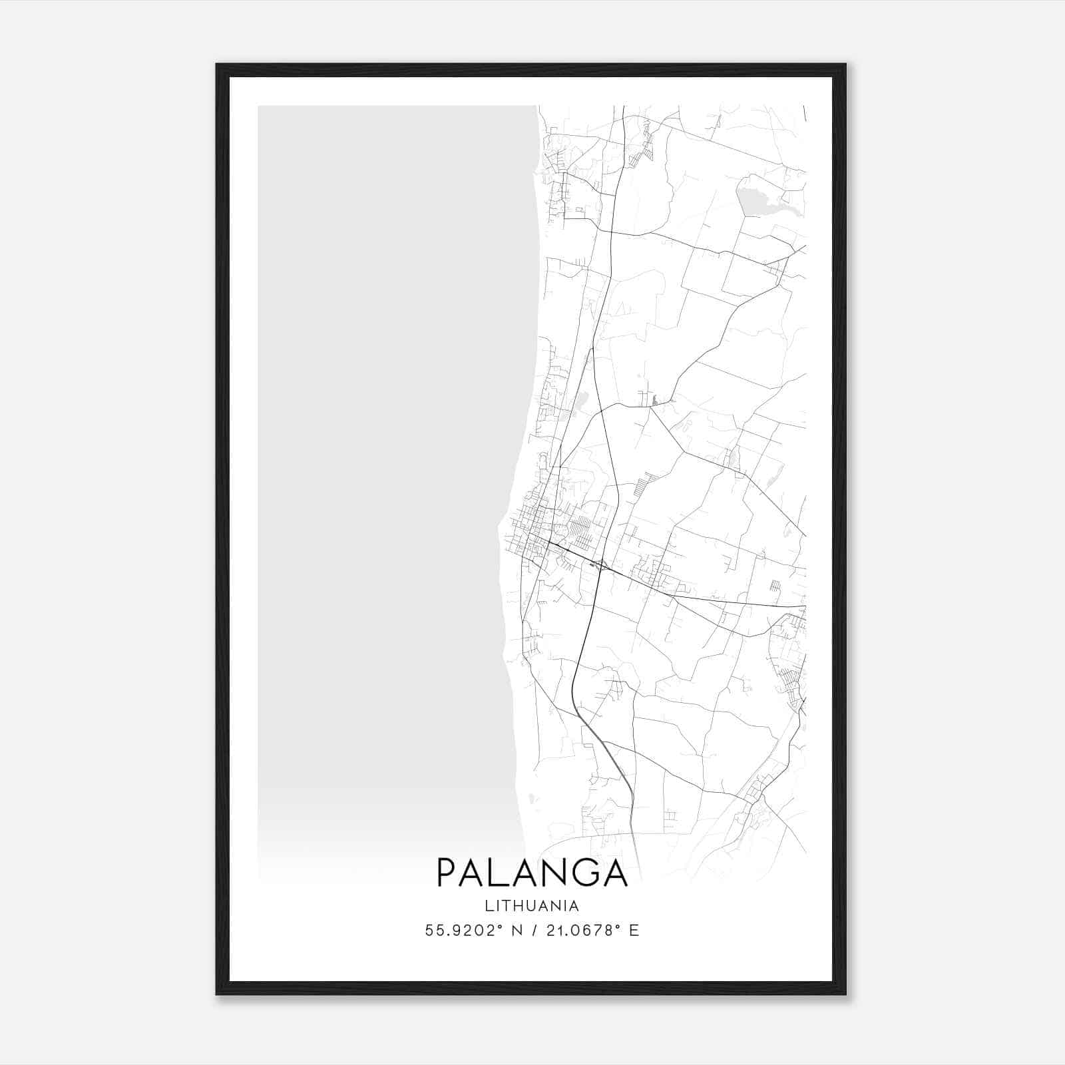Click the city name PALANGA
[x=532, y=872]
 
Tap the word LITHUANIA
[x=532, y=906]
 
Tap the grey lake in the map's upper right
[x=753, y=199]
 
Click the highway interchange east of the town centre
[x=600, y=566]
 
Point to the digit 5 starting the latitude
[x=429, y=931]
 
